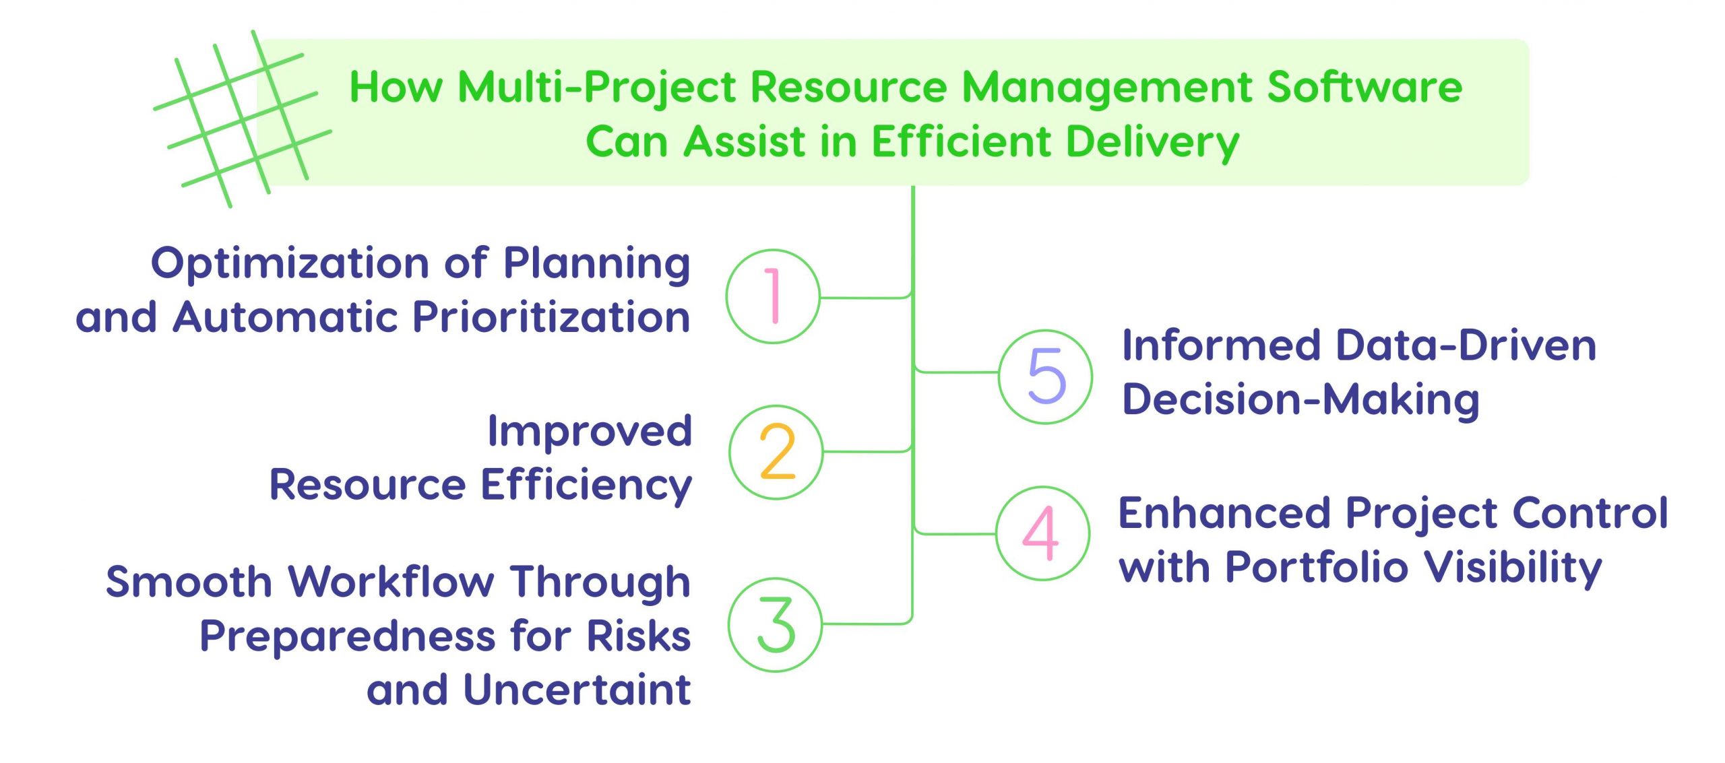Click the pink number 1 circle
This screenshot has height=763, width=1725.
(x=773, y=296)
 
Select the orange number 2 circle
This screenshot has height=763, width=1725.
(x=776, y=452)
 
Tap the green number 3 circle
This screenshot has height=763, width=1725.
(x=775, y=625)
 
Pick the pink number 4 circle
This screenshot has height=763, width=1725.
(x=1042, y=533)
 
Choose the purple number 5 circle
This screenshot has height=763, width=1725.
(x=1045, y=376)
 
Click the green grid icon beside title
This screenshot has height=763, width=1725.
(x=242, y=119)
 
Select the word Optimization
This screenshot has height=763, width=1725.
(x=290, y=263)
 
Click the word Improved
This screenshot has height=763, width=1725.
(x=590, y=431)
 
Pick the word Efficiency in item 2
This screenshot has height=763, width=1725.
(x=586, y=485)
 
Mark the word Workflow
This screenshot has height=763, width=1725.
(x=391, y=582)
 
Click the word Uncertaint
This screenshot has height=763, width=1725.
(x=577, y=690)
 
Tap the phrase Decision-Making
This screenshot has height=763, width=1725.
(x=1300, y=400)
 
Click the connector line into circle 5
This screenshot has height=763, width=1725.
(x=957, y=372)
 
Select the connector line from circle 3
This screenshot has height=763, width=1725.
(x=866, y=624)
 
